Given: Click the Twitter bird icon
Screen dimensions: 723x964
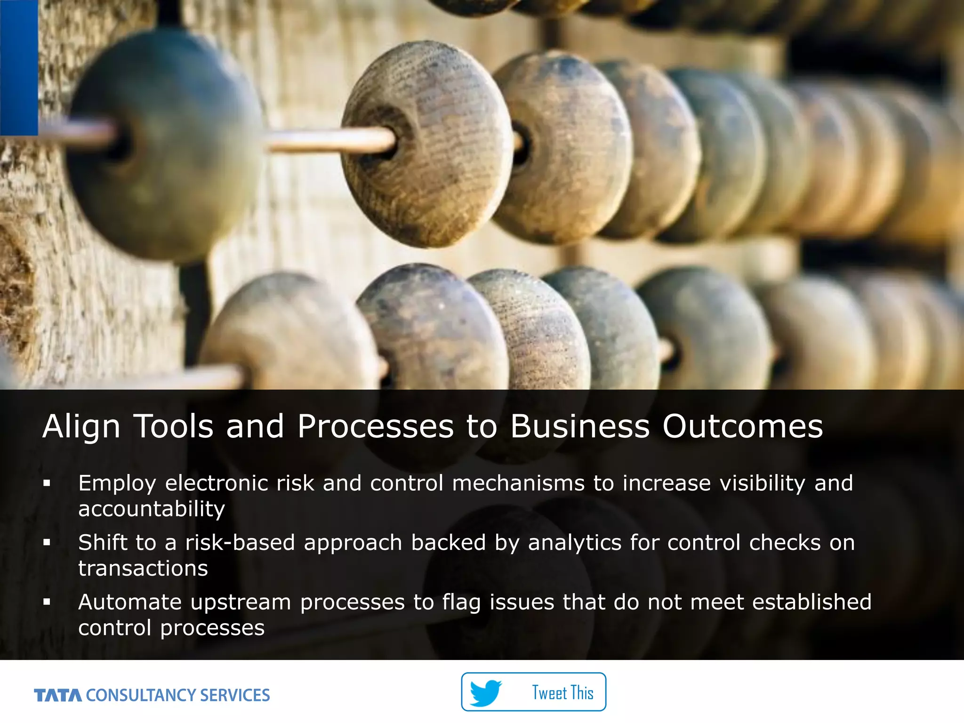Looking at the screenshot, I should tap(486, 692).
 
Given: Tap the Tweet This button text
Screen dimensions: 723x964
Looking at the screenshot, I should tap(562, 693).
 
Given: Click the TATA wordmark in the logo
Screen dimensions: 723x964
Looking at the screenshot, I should tap(58, 695).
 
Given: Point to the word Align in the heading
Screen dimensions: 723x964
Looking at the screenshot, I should tap(81, 426).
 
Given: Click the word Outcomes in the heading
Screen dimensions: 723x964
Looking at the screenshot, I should tap(742, 426).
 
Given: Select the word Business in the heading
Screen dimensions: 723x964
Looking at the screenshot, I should tap(580, 426).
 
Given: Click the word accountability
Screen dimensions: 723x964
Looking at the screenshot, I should tap(152, 509).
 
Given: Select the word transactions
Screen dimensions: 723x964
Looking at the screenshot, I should tap(143, 569).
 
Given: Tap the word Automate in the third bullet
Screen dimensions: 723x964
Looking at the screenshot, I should tap(130, 602).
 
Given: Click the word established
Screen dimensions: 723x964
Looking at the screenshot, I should tap(811, 602).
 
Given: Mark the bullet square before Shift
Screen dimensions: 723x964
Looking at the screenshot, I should tap(47, 542).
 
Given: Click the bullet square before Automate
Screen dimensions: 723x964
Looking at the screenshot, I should tap(47, 602).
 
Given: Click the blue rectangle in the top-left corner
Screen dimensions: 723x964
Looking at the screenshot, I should tap(19, 67).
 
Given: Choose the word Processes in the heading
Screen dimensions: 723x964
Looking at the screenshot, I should tap(375, 426).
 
